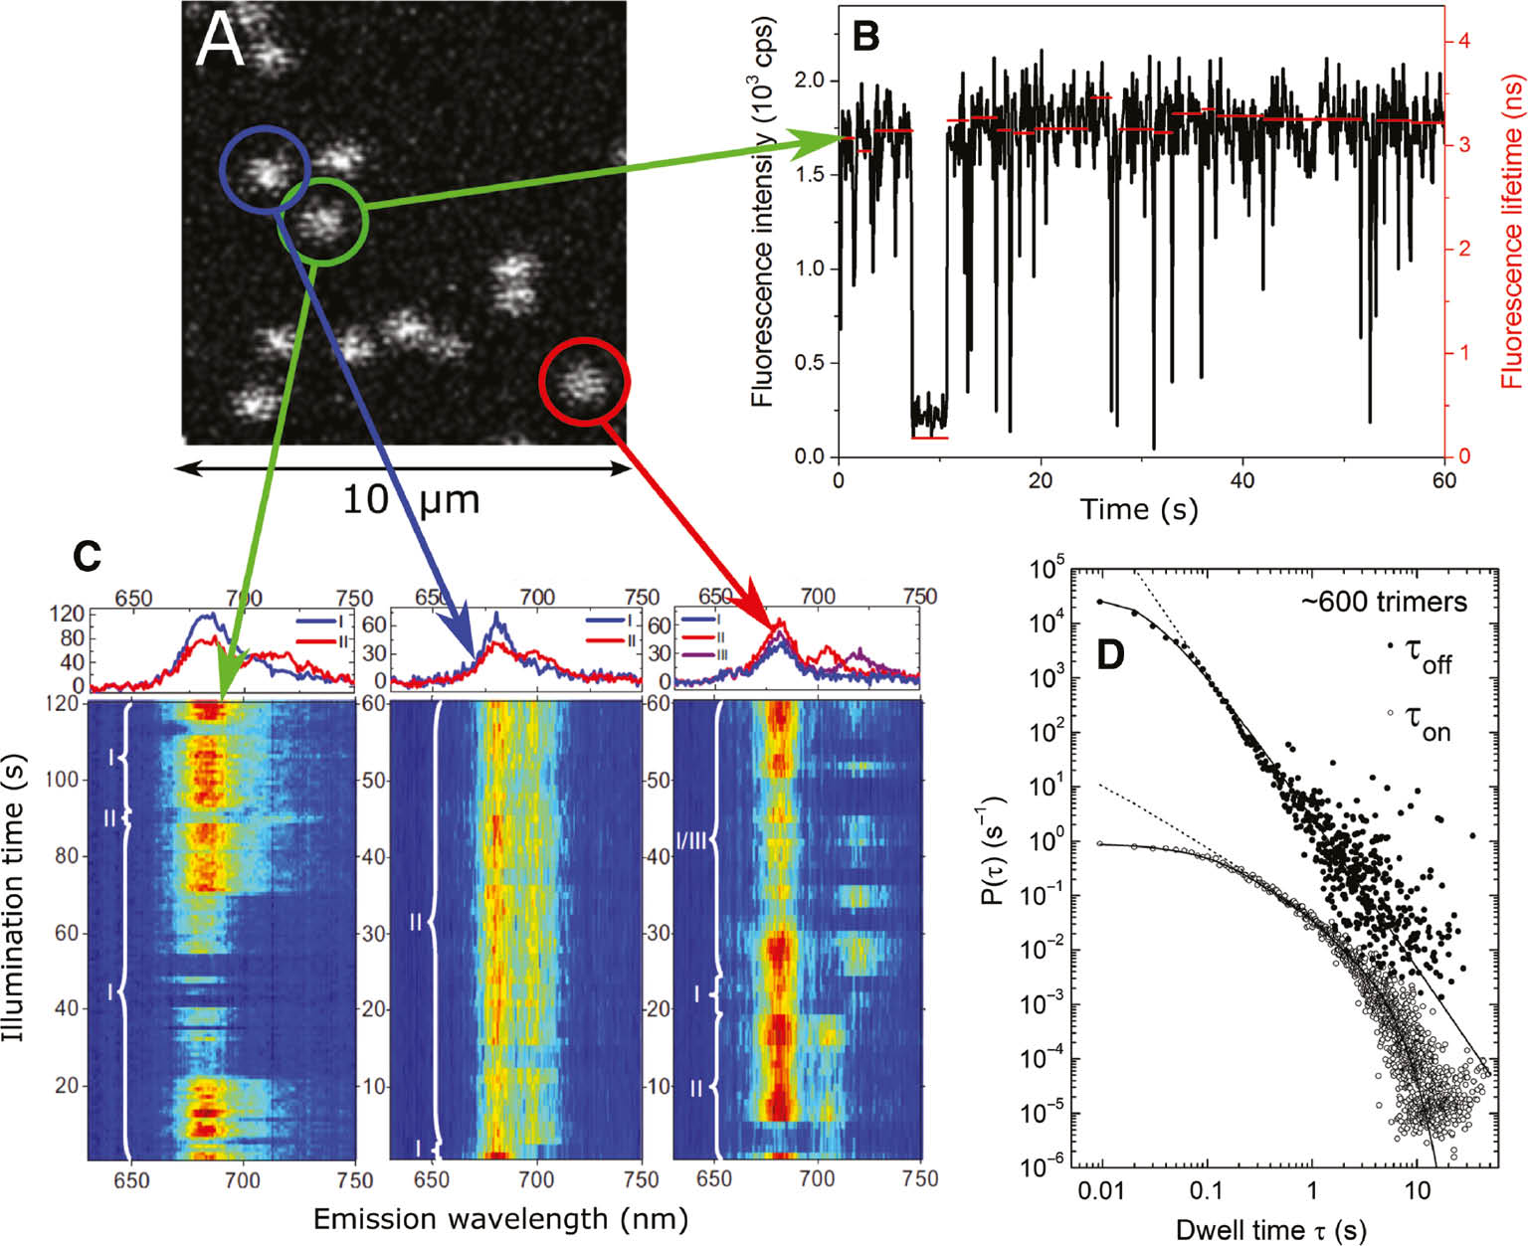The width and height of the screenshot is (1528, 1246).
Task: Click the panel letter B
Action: pyautogui.click(x=866, y=37)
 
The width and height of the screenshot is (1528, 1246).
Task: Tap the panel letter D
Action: pyautogui.click(x=1109, y=654)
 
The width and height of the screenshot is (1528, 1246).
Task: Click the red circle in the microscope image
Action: pyautogui.click(x=584, y=381)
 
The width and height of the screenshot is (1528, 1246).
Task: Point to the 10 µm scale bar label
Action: pyautogui.click(x=410, y=498)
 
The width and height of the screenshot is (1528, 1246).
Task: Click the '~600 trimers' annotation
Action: pyautogui.click(x=1383, y=602)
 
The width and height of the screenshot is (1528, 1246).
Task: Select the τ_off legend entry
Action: pyautogui.click(x=1428, y=656)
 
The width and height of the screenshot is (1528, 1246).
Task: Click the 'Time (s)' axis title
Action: pyautogui.click(x=1139, y=509)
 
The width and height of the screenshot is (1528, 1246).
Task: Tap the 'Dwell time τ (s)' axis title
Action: pyautogui.click(x=1270, y=1230)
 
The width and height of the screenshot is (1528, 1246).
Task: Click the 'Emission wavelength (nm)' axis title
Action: pyautogui.click(x=500, y=1218)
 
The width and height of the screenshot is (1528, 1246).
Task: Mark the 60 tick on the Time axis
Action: pyautogui.click(x=1442, y=480)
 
